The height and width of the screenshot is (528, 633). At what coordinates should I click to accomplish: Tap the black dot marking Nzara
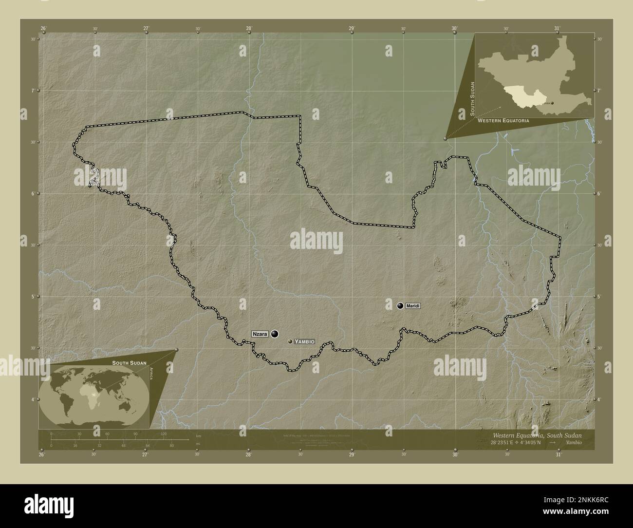point(275,334)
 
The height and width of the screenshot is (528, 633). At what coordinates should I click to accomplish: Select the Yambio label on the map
point(305,342)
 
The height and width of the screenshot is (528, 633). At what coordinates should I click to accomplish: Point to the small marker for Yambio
point(291,342)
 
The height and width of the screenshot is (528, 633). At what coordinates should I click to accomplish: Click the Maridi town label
point(412,306)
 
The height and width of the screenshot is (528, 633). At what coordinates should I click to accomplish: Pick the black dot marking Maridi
point(400,306)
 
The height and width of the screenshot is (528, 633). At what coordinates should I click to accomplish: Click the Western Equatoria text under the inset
point(503,120)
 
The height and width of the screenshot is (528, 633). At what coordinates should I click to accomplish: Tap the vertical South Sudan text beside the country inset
point(471,99)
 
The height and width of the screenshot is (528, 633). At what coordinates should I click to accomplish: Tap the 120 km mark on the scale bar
point(164,434)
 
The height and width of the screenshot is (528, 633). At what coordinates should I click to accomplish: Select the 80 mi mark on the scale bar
point(172,445)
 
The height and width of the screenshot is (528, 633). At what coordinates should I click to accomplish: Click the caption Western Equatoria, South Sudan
point(537,434)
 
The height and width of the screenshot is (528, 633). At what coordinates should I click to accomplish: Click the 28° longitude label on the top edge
point(249,28)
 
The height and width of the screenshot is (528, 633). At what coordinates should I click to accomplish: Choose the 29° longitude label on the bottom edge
point(352,455)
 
